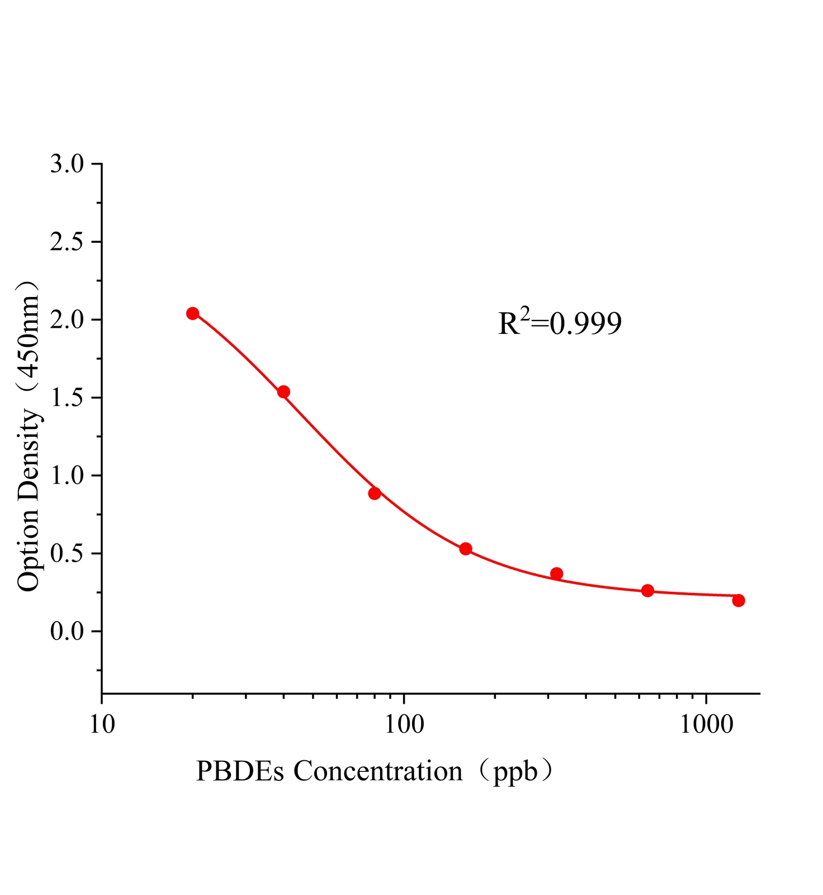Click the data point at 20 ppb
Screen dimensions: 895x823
[192, 313]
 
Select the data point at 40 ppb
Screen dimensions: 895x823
[283, 392]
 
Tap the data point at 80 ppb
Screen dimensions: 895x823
[375, 493]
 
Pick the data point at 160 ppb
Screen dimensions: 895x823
[466, 549]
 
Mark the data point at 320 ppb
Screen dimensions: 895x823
[556, 573]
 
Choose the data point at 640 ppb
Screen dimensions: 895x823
[647, 591]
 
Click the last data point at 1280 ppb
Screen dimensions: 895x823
[739, 600]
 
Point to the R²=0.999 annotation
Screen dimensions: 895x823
[560, 323]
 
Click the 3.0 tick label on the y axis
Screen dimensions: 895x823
[67, 164]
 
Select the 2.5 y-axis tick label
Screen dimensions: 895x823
[67, 242]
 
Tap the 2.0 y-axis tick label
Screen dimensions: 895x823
[67, 320]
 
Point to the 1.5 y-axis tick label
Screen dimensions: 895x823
[67, 398]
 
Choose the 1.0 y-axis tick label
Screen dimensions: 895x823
[67, 475]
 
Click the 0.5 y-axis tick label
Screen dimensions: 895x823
[67, 554]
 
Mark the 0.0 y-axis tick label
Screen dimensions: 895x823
[67, 632]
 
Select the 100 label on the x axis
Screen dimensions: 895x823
[404, 724]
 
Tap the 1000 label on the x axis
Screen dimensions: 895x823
[707, 724]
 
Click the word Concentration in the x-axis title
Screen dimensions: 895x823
[378, 771]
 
